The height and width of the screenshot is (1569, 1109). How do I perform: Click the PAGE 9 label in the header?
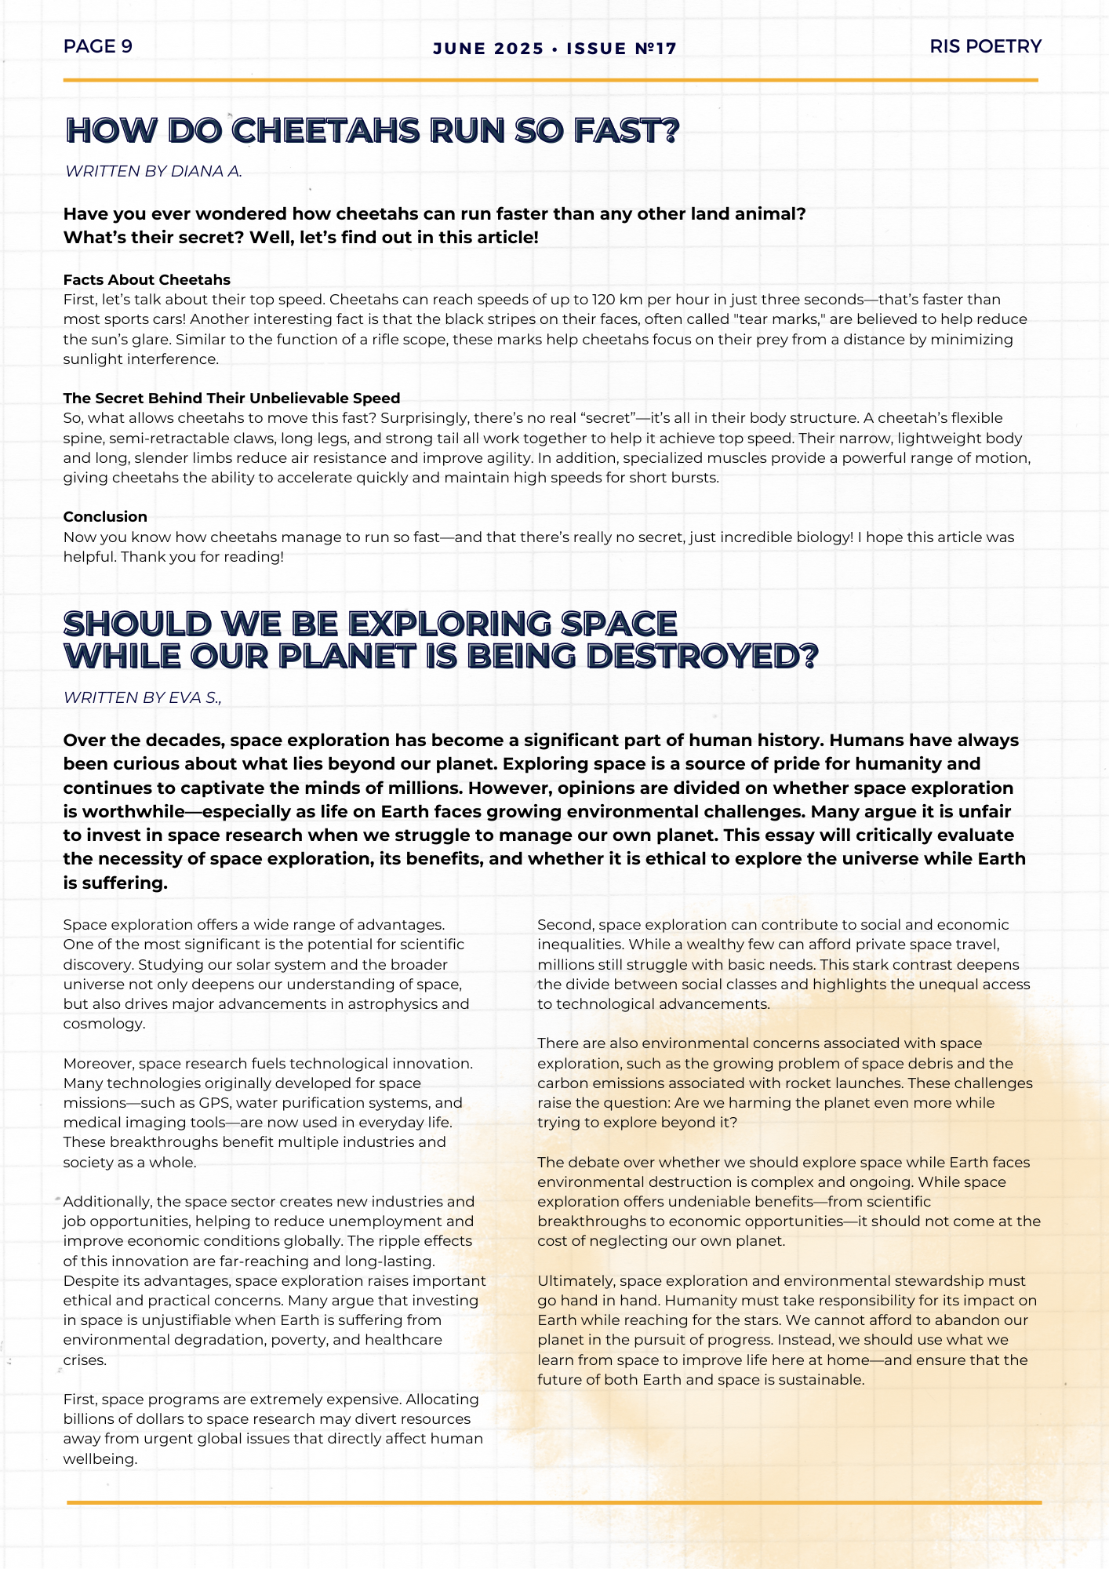point(98,46)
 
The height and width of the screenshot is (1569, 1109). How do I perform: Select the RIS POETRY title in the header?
point(985,46)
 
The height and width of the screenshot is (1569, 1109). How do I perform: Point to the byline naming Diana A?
point(154,171)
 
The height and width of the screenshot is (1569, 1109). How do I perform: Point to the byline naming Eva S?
point(143,697)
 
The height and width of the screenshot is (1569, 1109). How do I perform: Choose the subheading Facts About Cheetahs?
point(147,280)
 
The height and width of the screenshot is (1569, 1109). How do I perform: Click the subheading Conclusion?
point(105,517)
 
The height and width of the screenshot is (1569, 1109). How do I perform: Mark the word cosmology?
point(104,1024)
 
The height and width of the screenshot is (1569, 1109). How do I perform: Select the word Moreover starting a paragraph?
point(99,1064)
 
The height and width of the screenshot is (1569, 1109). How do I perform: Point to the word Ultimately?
point(576,1281)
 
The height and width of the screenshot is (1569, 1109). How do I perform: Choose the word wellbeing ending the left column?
point(100,1459)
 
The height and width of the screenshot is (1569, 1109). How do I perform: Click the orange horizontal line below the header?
point(551,80)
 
